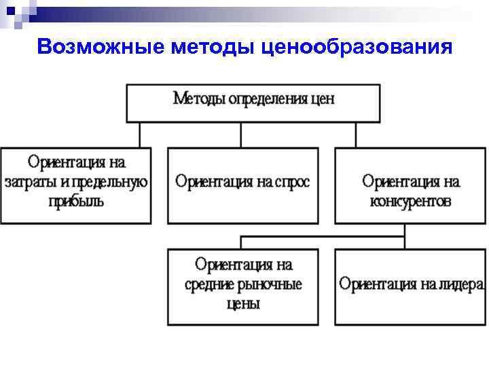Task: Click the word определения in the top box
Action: (x=267, y=99)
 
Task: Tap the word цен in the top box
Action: (x=322, y=99)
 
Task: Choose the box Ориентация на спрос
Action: (x=242, y=185)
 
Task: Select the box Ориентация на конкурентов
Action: (x=411, y=185)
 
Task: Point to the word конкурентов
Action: (x=411, y=201)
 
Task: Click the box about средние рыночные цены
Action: (x=242, y=287)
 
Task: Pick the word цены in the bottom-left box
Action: (x=242, y=304)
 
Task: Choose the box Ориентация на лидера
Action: (x=411, y=287)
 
